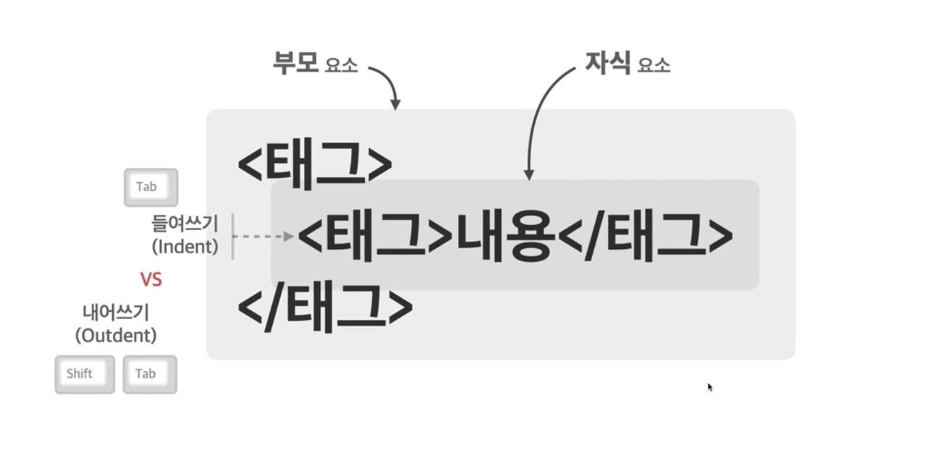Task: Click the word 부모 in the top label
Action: pos(295,63)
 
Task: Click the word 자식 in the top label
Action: pos(607,63)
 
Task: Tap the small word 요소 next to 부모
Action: pos(341,66)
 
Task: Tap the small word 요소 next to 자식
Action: pos(654,66)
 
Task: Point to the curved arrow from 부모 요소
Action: pos(389,83)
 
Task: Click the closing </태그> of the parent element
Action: pos(325,307)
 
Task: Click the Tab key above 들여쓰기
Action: pos(151,187)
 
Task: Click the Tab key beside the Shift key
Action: pos(150,374)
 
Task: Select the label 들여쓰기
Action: pos(185,224)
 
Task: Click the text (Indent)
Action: pos(185,247)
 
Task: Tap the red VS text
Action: pos(151,279)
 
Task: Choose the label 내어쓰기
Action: pos(116,313)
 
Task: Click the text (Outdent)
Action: pos(116,336)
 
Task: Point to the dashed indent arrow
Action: pos(264,236)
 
